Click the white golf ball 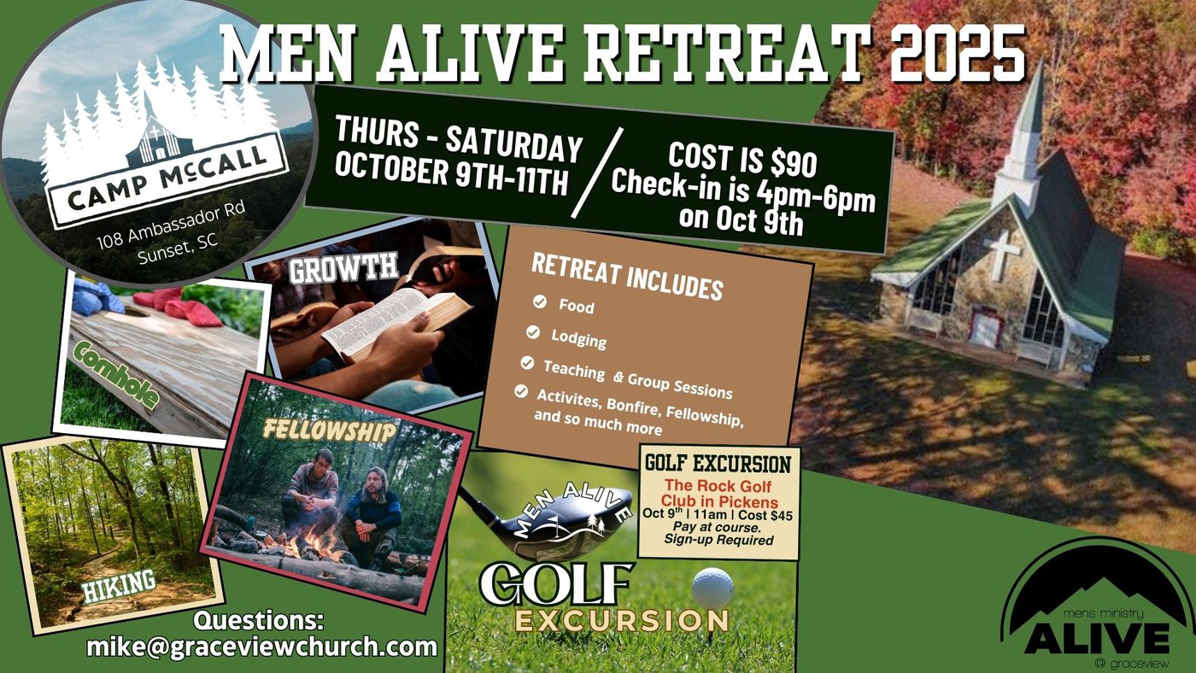point(712,588)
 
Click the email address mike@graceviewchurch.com point(261,647)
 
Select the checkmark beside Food point(540,301)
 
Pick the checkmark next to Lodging point(533,332)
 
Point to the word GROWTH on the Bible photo point(343,267)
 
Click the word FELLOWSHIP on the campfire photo point(330,430)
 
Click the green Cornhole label point(116,374)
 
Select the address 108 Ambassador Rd point(171,225)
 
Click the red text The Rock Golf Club point(718,494)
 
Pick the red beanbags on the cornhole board point(179,307)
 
